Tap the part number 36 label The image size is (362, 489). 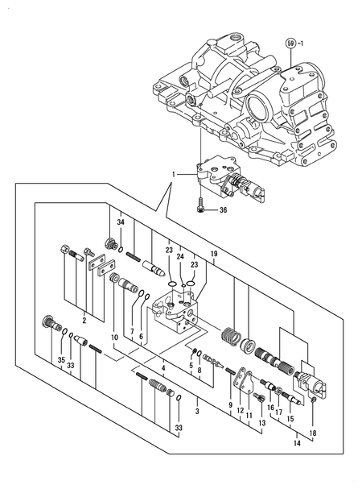[224, 210]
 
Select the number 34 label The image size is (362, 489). [120, 222]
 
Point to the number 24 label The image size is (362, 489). [181, 256]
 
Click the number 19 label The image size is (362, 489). [215, 254]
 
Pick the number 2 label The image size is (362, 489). [84, 320]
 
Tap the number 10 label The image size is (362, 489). [114, 336]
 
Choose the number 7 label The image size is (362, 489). [132, 331]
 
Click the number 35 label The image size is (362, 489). [61, 361]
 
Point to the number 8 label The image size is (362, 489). [200, 371]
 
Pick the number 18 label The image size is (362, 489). [312, 433]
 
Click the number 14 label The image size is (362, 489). [295, 443]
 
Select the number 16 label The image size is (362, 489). [270, 409]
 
